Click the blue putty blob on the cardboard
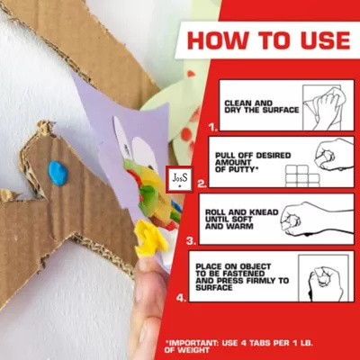pos(58,173)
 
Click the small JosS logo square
pos(180,179)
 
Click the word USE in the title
pos(321,40)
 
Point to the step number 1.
pos(213,128)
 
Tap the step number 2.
pos(202,184)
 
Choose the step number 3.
pos(192,240)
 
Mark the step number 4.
pos(181,298)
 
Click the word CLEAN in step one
pos(237,103)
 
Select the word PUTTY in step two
pos(241,169)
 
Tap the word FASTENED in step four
pos(244,274)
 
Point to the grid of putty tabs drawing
pos(302,175)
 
